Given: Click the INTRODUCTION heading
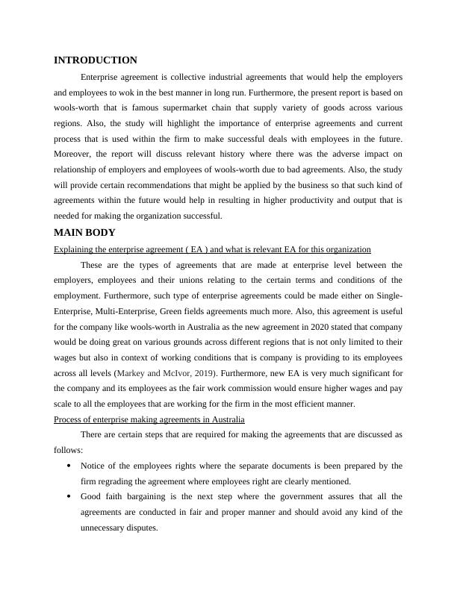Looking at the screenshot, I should coord(96,60).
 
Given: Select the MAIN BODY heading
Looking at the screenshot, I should coord(85,233).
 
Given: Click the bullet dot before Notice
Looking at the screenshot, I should coord(69,466).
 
